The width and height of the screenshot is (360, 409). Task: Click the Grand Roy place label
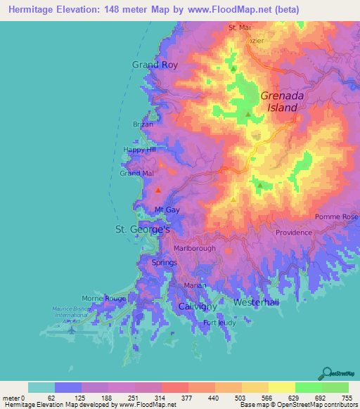click(155, 65)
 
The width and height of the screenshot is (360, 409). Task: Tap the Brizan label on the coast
click(143, 124)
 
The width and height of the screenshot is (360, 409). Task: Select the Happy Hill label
click(138, 150)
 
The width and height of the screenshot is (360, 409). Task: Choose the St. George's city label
click(143, 230)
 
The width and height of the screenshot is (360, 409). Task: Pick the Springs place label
click(165, 262)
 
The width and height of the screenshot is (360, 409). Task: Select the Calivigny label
click(194, 308)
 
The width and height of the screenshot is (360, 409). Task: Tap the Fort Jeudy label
click(219, 323)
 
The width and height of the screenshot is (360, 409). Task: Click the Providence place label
click(293, 233)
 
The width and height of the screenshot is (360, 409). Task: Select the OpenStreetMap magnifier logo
click(328, 372)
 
